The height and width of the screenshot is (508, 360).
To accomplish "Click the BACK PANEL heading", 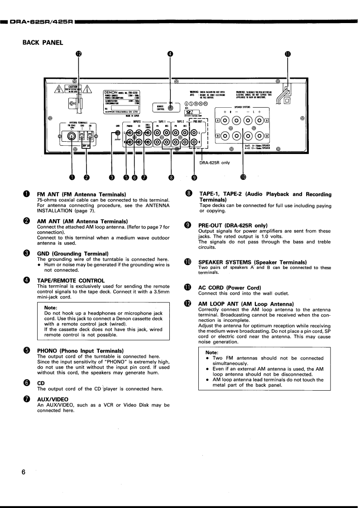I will tap(43, 43).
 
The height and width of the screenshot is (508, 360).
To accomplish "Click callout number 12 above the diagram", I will tap(79, 53).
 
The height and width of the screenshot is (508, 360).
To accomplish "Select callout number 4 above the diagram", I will tap(170, 53).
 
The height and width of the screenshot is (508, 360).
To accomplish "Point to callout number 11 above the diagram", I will tap(288, 53).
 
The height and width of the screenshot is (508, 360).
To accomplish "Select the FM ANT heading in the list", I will tap(81, 195).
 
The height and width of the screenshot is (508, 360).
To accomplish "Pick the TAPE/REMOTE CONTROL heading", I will tap(71, 280).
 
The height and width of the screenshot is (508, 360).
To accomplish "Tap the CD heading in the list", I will tap(41, 383).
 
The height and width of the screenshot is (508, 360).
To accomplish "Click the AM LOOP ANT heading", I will tap(246, 304).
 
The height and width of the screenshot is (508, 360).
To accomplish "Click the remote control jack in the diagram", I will tap(170, 107).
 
